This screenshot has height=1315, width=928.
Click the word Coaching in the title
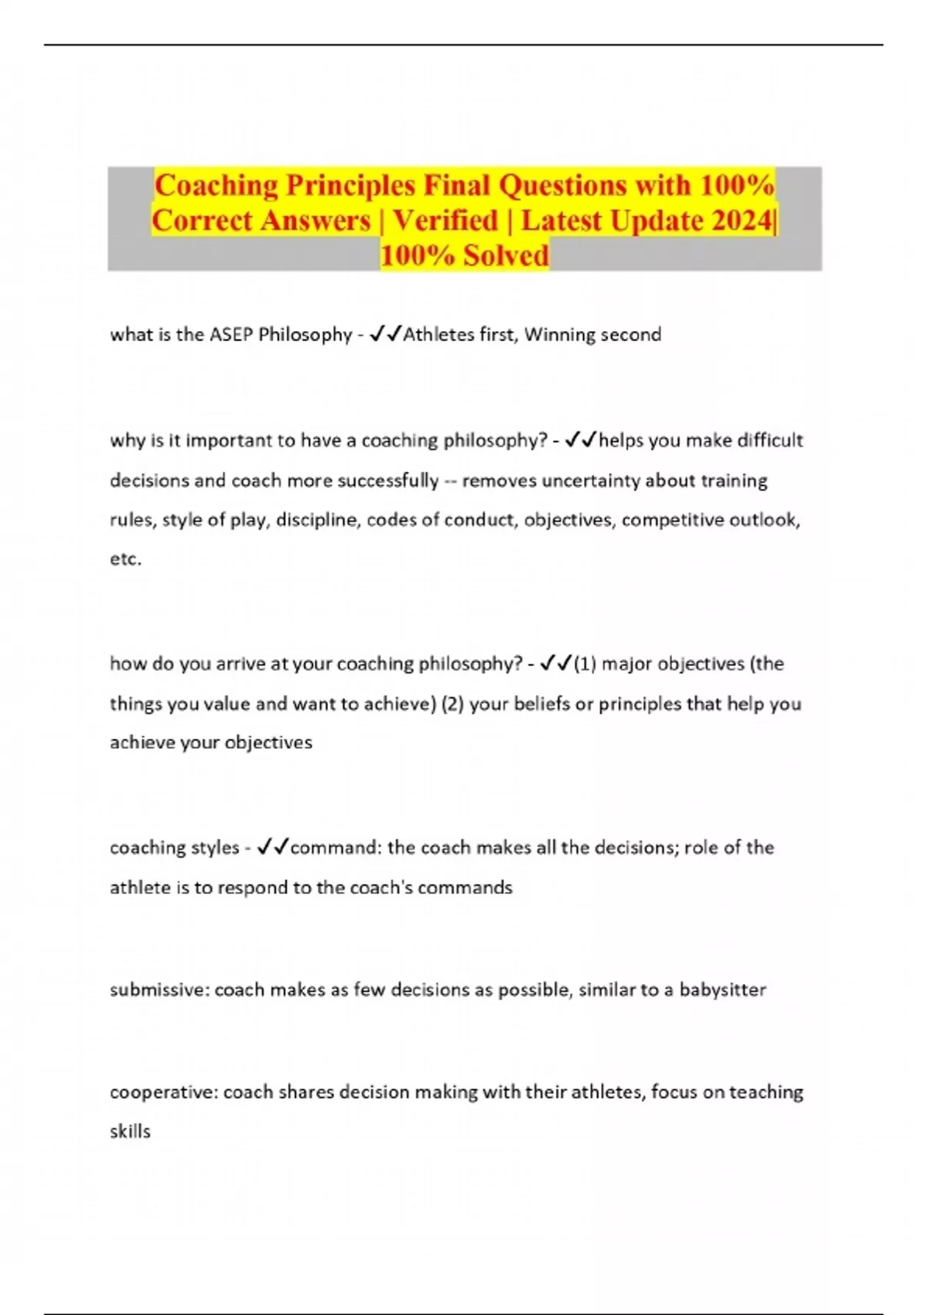(x=216, y=186)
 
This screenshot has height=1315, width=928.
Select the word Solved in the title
(x=506, y=255)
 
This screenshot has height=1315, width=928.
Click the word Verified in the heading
(x=445, y=221)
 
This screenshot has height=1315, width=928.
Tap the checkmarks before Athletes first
(x=385, y=334)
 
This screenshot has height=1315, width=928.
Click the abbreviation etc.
(x=125, y=559)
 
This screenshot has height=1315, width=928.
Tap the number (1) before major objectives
(x=585, y=664)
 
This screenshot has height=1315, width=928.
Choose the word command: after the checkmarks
(x=336, y=848)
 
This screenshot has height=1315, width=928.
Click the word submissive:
(x=159, y=990)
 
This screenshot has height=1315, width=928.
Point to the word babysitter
(x=722, y=990)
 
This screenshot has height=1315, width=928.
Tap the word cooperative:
(x=164, y=1092)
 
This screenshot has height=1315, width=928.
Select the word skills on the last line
(x=130, y=1132)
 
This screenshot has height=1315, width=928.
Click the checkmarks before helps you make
(x=582, y=440)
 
